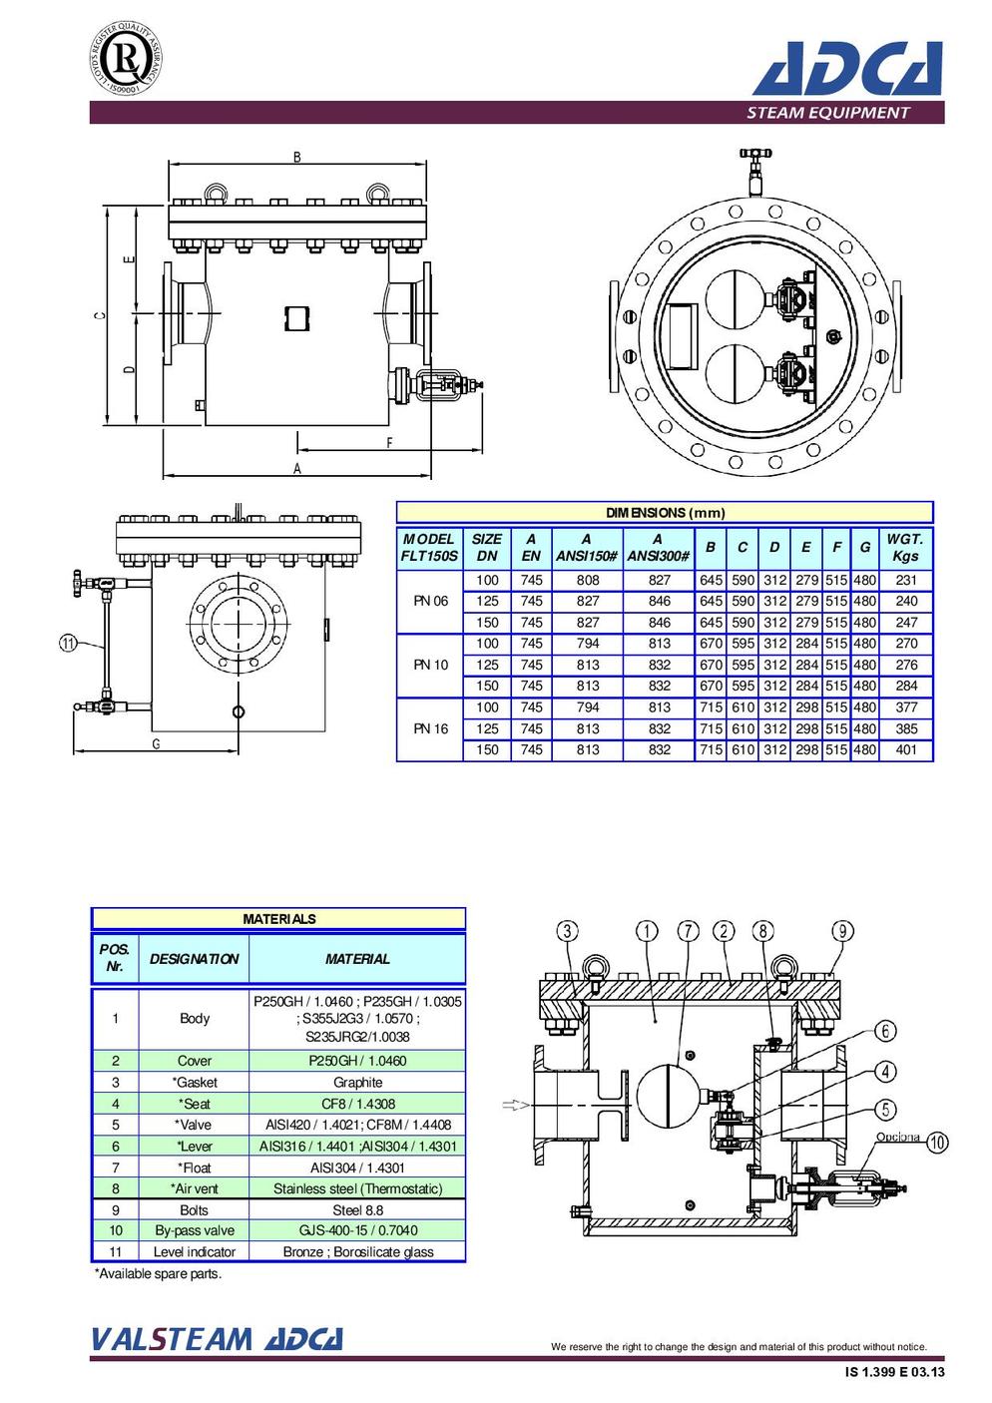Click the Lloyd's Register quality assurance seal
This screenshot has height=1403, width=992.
pyautogui.click(x=125, y=58)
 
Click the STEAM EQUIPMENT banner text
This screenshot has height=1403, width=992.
pyautogui.click(x=827, y=113)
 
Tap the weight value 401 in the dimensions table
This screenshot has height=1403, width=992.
pyautogui.click(x=905, y=749)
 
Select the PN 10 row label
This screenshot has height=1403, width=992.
pyautogui.click(x=430, y=665)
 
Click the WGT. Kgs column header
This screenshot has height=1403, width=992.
pyautogui.click(x=904, y=547)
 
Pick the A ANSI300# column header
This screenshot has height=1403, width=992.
pyautogui.click(x=658, y=547)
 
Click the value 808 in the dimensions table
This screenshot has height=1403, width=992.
pyautogui.click(x=588, y=580)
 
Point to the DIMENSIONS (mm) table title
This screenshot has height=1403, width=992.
pyautogui.click(x=665, y=513)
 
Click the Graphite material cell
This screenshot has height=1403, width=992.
pyautogui.click(x=357, y=1082)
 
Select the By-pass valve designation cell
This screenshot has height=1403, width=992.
pyautogui.click(x=195, y=1230)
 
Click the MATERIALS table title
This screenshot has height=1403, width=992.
pyautogui.click(x=278, y=918)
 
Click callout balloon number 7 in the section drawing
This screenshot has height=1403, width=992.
pyautogui.click(x=689, y=931)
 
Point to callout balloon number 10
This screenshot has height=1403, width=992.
pyautogui.click(x=937, y=1143)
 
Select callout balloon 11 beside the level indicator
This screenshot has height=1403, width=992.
pyautogui.click(x=68, y=644)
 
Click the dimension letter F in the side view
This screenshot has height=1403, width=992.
pyautogui.click(x=389, y=442)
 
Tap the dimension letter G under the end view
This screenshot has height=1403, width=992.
pyautogui.click(x=156, y=743)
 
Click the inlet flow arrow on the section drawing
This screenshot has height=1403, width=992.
pyautogui.click(x=514, y=1104)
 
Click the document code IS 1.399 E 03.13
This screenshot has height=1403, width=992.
pyautogui.click(x=894, y=1372)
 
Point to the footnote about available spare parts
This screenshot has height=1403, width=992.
pyautogui.click(x=158, y=1273)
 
